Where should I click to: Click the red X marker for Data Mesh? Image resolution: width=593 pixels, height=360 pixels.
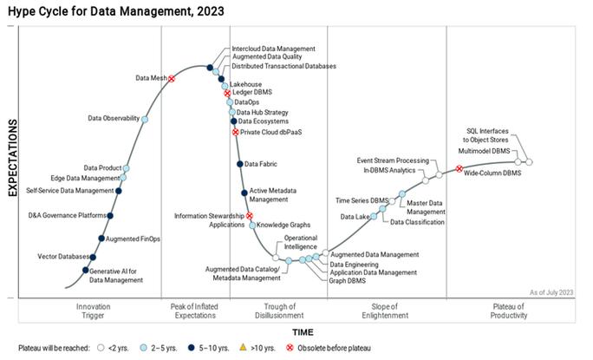click(172, 78)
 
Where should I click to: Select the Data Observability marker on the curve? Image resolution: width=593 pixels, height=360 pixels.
click(144, 119)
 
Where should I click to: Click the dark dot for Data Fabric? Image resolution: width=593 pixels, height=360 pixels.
click(240, 164)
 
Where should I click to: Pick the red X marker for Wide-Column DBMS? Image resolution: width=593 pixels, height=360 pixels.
click(459, 169)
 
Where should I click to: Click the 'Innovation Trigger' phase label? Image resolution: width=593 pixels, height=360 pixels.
click(93, 311)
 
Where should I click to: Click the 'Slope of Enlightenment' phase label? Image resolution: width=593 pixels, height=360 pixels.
click(386, 311)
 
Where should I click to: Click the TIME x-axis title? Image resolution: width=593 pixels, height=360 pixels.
click(303, 332)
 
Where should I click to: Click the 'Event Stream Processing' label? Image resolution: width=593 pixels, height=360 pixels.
click(393, 160)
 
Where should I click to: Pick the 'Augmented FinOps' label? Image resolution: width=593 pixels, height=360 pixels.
click(134, 238)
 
